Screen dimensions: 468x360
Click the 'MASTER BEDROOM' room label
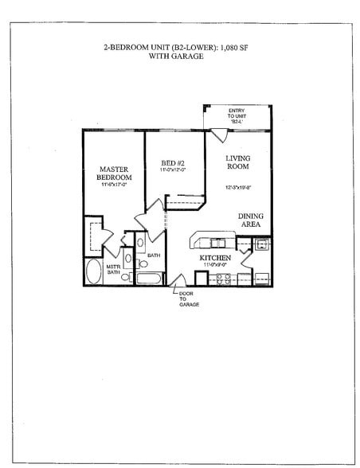click(114, 174)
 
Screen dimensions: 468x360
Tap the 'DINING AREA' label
click(252, 220)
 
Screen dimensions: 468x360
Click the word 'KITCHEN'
click(215, 259)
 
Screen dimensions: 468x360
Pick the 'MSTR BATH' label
click(113, 271)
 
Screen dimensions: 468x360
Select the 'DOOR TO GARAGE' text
click(188, 298)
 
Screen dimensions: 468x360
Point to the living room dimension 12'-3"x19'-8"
click(237, 189)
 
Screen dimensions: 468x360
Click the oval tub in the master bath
click(94, 272)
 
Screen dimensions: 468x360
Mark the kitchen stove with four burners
click(223, 278)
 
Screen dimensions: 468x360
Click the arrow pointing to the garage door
click(176, 291)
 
